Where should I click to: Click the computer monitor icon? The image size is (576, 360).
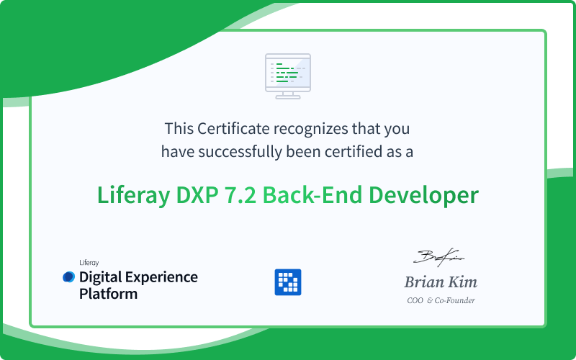pyautogui.click(x=288, y=76)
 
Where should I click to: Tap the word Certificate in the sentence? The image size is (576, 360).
pyautogui.click(x=233, y=129)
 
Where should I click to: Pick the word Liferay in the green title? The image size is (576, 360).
pyautogui.click(x=134, y=195)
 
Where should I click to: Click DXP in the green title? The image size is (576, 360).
pyautogui.click(x=197, y=195)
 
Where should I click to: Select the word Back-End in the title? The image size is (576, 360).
pyautogui.click(x=312, y=194)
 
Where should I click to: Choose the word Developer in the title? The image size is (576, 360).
pyautogui.click(x=423, y=196)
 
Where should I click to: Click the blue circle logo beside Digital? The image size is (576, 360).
pyautogui.click(x=68, y=277)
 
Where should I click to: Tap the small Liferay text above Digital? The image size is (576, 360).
pyautogui.click(x=89, y=263)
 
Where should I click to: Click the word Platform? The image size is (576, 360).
pyautogui.click(x=109, y=294)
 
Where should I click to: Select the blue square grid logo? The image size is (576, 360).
pyautogui.click(x=288, y=282)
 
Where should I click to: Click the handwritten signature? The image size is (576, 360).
pyautogui.click(x=438, y=257)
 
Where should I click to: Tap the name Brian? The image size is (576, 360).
pyautogui.click(x=424, y=282)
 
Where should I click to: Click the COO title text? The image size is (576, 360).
pyautogui.click(x=415, y=300)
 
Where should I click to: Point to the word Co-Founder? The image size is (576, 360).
pyautogui.click(x=455, y=300)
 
